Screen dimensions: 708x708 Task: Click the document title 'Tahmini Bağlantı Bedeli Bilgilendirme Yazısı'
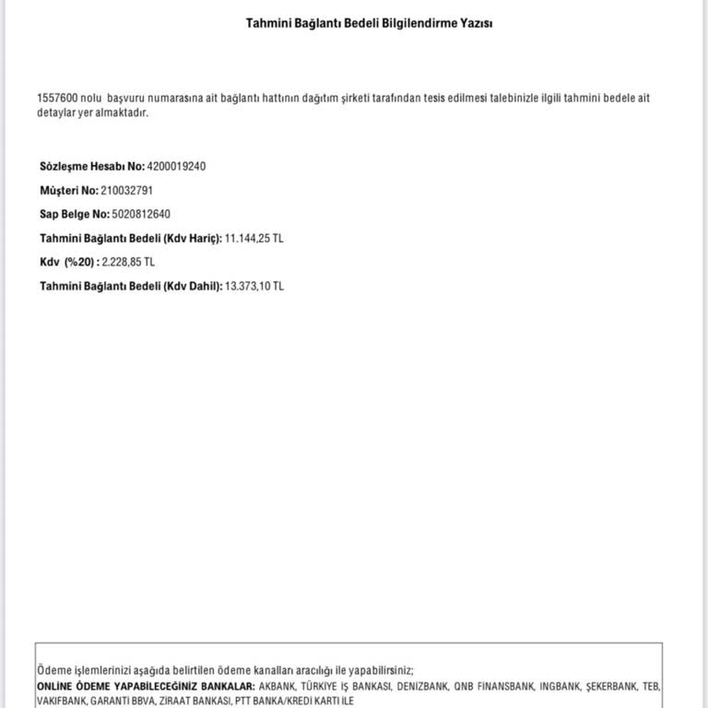click(x=369, y=23)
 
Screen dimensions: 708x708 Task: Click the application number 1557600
click(x=56, y=98)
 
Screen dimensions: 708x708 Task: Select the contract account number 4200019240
click(x=176, y=167)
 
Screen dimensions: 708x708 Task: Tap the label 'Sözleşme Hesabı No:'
click(x=92, y=167)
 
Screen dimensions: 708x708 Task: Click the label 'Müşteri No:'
click(x=69, y=191)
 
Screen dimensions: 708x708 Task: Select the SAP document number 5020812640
click(x=140, y=215)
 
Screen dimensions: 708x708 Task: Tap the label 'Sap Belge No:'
click(x=74, y=215)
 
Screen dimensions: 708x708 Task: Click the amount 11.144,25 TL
click(x=254, y=239)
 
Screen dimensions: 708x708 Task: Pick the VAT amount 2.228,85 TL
click(x=128, y=263)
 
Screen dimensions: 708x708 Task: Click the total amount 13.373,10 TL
click(x=254, y=287)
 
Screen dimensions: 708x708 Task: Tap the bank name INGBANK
click(x=560, y=688)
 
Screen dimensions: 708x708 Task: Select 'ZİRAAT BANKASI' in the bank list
click(x=186, y=702)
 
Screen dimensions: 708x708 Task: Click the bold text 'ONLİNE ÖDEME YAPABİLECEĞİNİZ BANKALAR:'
click(x=146, y=688)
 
